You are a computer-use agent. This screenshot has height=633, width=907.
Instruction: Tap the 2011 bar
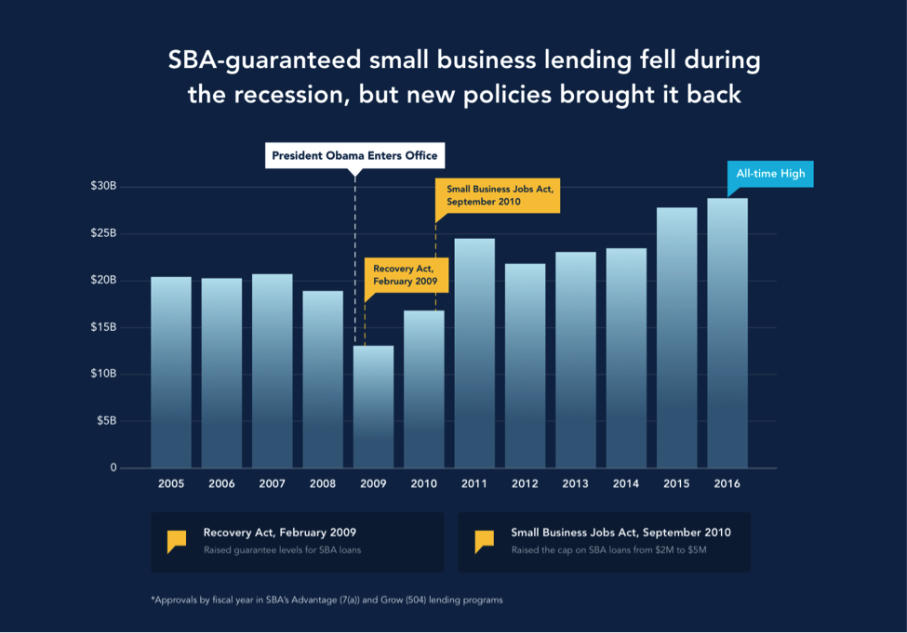coord(474,353)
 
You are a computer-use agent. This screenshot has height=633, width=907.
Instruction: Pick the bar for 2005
coord(171,372)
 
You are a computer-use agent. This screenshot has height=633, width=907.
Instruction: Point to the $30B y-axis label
coord(103,187)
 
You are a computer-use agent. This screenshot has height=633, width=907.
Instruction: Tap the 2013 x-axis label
coord(576,484)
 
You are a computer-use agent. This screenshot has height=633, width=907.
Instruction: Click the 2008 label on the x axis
coord(323,484)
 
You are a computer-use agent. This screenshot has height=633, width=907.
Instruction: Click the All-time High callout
coord(770,174)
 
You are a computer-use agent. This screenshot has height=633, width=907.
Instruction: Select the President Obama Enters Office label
coord(354,155)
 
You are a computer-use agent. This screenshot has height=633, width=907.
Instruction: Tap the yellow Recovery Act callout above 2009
coord(399,274)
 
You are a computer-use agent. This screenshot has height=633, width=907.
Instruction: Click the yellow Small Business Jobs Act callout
coord(498,195)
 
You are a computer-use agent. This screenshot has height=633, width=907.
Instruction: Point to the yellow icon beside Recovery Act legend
coord(177,541)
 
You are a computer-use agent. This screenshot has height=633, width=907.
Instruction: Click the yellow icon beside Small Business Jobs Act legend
coord(484,541)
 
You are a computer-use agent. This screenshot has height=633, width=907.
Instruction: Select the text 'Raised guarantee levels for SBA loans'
coord(282,550)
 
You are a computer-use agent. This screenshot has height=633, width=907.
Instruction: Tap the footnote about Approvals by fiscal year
coord(327,600)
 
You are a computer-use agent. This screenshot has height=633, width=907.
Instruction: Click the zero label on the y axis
coord(113,468)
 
